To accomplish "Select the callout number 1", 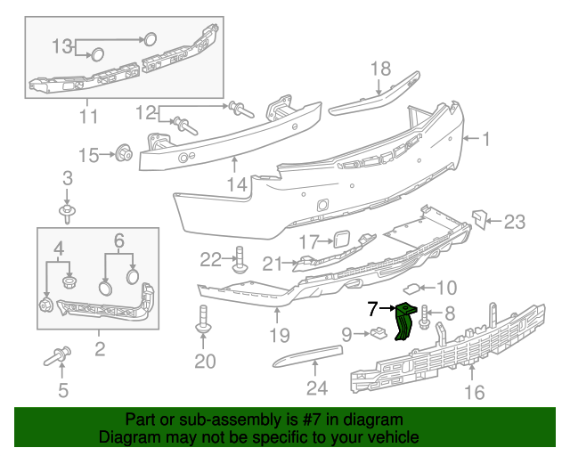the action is [x=486, y=138].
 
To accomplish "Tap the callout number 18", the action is [x=380, y=69].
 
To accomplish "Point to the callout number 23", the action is [x=516, y=223].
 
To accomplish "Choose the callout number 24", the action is [x=317, y=387].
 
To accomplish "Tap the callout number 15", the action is [x=89, y=156].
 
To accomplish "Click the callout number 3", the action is [x=68, y=181].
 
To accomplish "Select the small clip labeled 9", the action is [x=378, y=334].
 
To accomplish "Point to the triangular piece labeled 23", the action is [x=479, y=218].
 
